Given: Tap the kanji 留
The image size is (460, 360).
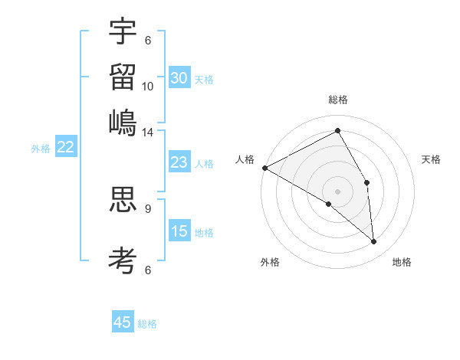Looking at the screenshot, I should pos(123,76).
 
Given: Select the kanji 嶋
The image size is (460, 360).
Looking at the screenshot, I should pos(123,122).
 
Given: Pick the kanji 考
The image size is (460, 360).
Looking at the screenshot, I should pos(123,260).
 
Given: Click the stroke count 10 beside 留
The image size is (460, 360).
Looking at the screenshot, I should pos(148,87).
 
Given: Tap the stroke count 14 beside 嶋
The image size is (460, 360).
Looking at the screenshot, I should pos(148,133).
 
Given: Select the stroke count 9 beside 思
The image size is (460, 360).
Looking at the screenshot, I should pos(148,208).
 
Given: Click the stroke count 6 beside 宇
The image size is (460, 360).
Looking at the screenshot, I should pos(148,41).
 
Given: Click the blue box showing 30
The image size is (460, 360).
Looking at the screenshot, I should pos(179,78).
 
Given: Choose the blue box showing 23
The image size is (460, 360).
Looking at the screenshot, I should pos(179,163).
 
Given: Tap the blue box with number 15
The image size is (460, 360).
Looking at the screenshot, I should pos(179,232).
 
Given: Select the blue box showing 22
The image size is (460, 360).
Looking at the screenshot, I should pos(65,148).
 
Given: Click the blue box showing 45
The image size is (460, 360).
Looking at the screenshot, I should pos(123,322).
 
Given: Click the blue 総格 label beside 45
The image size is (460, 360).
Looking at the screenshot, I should pos(147,324).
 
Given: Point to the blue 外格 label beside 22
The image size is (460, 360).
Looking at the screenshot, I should pos(41,149).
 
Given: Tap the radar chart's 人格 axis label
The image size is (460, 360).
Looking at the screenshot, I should pos(245,159).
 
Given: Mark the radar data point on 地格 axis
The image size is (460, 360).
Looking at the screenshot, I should pos(373,242).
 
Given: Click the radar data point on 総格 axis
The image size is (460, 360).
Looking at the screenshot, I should pos(337,130).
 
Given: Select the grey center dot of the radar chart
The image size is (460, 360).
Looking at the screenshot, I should pos(337,190).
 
